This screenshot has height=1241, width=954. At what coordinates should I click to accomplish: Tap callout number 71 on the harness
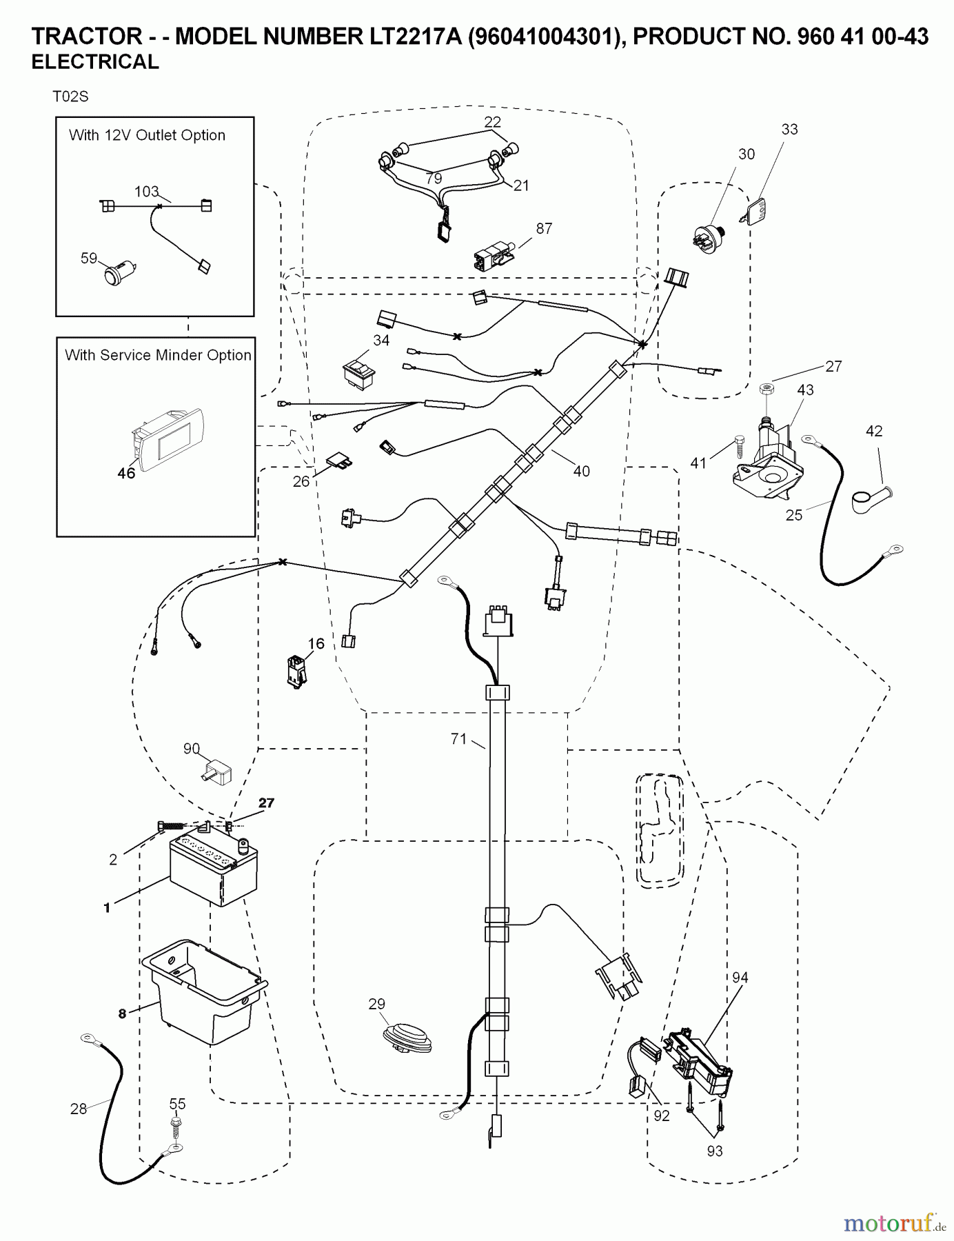coord(458,739)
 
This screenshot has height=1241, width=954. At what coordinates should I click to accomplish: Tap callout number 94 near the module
coord(740,977)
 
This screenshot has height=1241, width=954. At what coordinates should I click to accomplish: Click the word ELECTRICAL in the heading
coord(95,62)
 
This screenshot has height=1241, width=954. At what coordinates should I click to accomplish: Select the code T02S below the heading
coord(70,97)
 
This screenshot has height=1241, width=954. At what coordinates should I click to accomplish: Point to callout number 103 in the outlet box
coord(146,191)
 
